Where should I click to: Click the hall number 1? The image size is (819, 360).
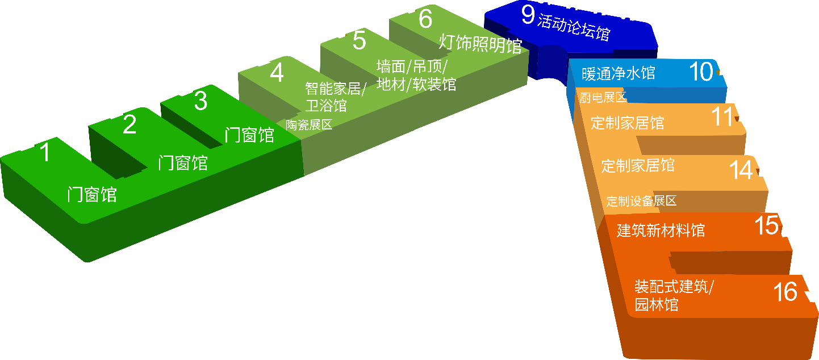click(44, 153)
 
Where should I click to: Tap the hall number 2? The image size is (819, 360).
click(129, 125)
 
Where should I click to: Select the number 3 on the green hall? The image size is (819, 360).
click(200, 101)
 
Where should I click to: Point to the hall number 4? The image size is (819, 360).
click(277, 73)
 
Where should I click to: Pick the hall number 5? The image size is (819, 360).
click(359, 41)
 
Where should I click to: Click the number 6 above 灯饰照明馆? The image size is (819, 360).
click(425, 18)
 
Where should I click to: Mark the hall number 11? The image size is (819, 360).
click(723, 117)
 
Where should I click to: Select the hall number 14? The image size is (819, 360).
click(741, 170)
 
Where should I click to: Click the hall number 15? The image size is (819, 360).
click(767, 225)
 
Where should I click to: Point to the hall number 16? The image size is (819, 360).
click(785, 292)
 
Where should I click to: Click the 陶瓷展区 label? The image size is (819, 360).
click(309, 125)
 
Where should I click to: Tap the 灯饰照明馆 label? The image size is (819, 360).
click(480, 44)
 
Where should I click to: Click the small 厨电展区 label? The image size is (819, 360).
click(603, 97)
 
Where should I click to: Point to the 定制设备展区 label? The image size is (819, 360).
click(641, 201)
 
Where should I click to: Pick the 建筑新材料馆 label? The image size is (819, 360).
click(661, 231)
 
